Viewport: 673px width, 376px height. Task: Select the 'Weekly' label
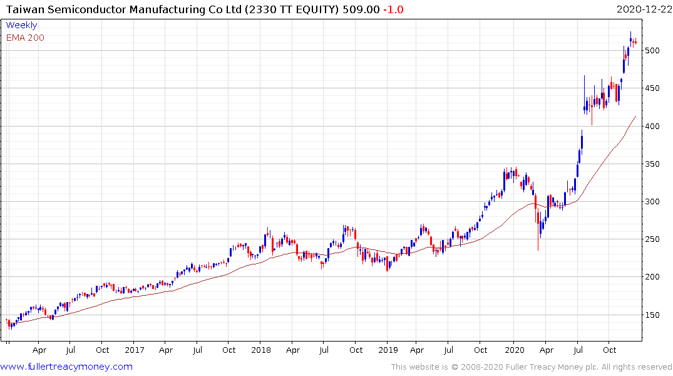coord(21,25)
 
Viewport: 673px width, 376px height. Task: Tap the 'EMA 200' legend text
coord(25,38)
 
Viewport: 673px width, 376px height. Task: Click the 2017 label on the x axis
coord(134,350)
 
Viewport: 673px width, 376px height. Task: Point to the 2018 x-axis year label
coord(260,350)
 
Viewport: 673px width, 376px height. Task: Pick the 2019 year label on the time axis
coord(387,350)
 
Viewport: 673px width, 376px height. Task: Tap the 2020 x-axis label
coord(513,350)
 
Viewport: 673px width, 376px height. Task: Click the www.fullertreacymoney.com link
coord(67,367)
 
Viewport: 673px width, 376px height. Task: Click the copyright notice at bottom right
coord(532,367)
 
